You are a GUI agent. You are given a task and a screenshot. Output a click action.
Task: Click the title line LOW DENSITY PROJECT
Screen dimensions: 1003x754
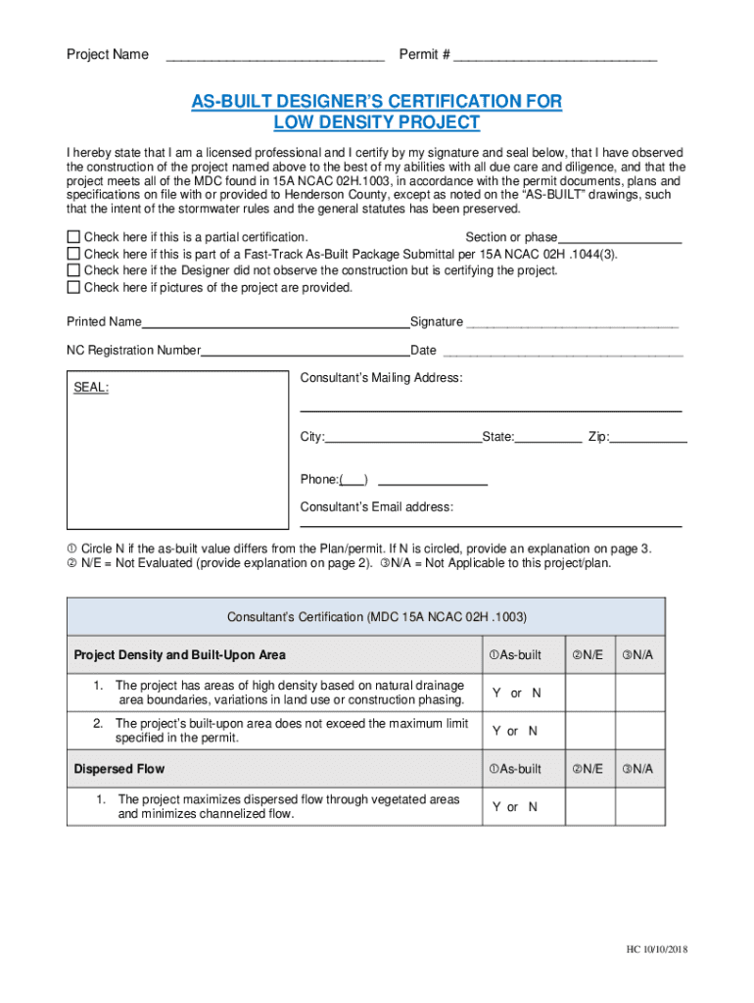coord(377,122)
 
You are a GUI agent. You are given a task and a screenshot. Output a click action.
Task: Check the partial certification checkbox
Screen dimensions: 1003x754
coord(72,237)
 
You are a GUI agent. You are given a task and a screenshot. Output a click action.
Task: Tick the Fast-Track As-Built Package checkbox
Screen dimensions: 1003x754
coord(72,254)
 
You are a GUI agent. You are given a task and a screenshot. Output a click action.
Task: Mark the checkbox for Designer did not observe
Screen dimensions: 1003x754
coord(72,270)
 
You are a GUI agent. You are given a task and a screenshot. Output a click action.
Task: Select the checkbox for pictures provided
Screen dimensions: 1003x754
coord(72,287)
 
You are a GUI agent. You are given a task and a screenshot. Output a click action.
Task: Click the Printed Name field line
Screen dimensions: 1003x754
coord(275,325)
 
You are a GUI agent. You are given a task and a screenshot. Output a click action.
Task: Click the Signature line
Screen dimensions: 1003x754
coord(572,325)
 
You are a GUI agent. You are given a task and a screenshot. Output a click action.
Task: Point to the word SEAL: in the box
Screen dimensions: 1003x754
coord(92,388)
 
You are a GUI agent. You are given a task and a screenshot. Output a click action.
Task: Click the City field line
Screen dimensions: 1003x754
coord(402,441)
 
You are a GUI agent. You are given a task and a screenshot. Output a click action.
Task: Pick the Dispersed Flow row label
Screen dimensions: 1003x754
coord(119,769)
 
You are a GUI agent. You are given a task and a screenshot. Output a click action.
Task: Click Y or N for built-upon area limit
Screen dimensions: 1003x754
coord(515,731)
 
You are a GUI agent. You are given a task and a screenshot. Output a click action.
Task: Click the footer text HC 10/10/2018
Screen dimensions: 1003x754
coord(660,952)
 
